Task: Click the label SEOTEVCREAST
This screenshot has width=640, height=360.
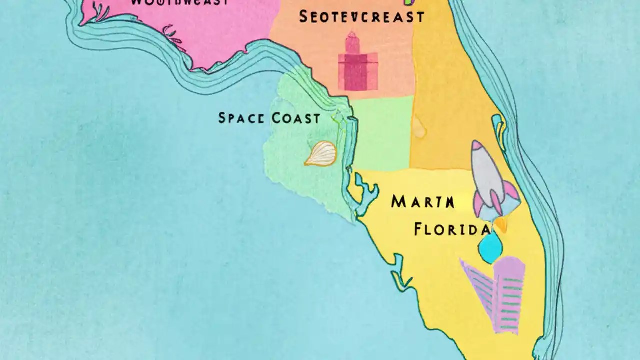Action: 361,17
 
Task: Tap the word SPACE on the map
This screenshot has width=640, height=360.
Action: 240,118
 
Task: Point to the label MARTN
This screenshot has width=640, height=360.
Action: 423,202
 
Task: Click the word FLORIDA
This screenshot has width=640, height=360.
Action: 452,229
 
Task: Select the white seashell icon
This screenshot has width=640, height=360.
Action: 321,153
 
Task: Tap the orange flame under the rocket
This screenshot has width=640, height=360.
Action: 500,225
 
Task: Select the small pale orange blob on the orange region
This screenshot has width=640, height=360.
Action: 419,129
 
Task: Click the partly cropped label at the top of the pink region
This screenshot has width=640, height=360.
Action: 179,2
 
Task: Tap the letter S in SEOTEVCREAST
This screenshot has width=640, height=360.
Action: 303,17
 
